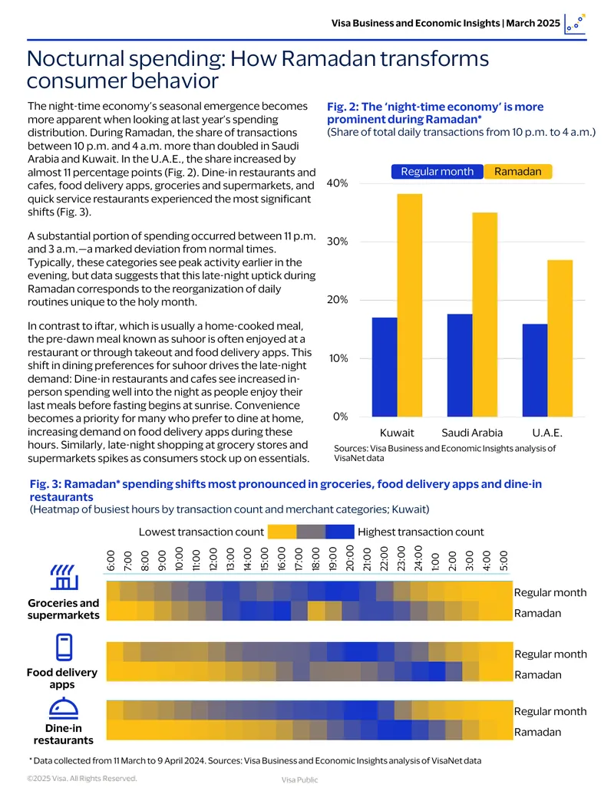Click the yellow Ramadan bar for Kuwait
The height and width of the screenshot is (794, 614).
tap(410, 305)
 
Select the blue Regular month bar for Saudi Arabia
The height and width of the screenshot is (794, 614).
tap(460, 365)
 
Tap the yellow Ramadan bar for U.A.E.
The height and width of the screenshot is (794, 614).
tap(560, 338)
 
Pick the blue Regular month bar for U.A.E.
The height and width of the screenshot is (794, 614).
tap(535, 371)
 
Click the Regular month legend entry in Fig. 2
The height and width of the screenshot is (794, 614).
tap(437, 172)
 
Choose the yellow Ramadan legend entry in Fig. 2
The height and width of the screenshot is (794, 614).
tap(518, 172)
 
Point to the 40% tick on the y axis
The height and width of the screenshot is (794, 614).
tap(338, 183)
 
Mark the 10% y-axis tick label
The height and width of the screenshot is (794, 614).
tap(338, 358)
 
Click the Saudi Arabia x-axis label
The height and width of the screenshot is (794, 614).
tap(472, 433)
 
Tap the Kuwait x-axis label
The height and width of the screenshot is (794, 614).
tap(397, 433)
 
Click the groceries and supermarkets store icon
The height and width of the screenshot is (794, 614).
tap(64, 578)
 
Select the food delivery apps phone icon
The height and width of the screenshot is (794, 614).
tap(64, 647)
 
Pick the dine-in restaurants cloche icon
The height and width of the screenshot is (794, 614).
tap(64, 708)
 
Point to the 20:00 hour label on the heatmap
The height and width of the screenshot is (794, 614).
tap(349, 558)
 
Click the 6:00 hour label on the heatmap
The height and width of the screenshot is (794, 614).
tap(111, 561)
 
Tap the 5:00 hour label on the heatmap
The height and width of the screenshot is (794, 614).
tap(503, 561)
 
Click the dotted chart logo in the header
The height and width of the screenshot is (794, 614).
tap(575, 24)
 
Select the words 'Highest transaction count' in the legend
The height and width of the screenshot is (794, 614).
tap(421, 532)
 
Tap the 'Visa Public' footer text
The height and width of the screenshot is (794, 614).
tap(300, 780)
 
